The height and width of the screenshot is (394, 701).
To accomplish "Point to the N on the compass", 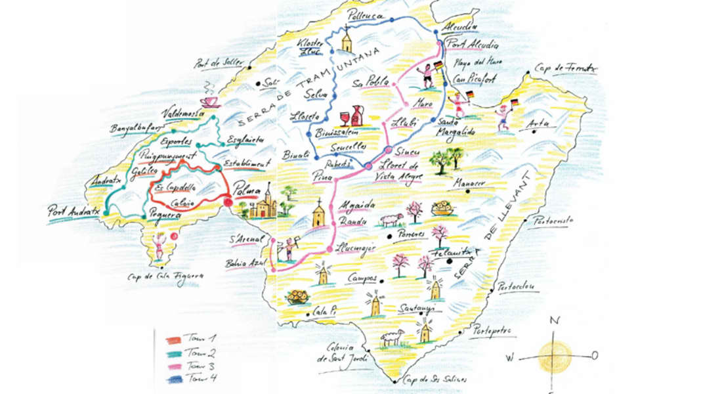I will point(555,320).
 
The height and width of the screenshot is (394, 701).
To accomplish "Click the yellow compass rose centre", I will point(555,356).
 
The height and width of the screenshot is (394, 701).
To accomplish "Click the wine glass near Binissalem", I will point(343,119).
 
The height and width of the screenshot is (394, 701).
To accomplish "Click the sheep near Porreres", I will point(391,219).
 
